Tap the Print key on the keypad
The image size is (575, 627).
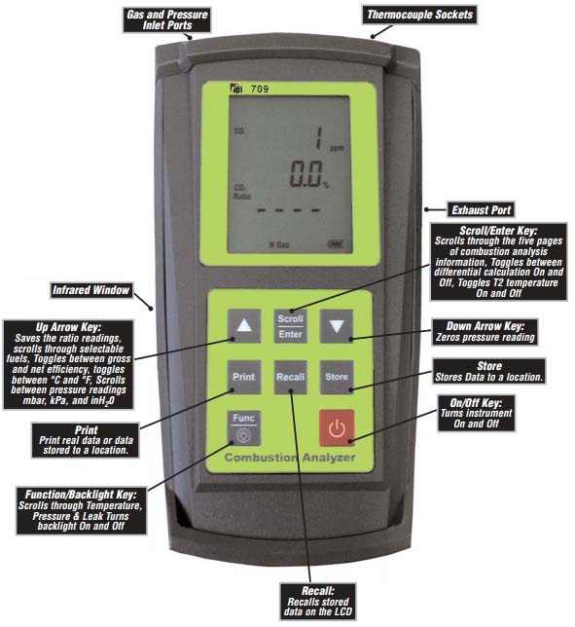[x=244, y=377]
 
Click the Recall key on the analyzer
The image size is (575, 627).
[x=291, y=377]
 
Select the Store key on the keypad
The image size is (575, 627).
[x=337, y=377]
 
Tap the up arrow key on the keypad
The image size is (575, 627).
[x=244, y=326]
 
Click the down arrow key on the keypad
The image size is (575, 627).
[x=337, y=326]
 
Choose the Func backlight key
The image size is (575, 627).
[x=244, y=428]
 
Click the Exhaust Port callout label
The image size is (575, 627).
[x=481, y=210]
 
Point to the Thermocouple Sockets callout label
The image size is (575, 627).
[x=419, y=15]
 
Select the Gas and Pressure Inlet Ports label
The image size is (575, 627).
[x=167, y=19]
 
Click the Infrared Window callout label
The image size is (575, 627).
[x=91, y=290]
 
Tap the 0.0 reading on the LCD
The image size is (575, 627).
[x=305, y=174]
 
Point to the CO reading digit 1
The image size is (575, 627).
[x=319, y=138]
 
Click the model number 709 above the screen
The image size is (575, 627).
[x=260, y=89]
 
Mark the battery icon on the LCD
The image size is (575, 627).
[x=336, y=243]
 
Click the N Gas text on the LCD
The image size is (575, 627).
[x=279, y=244]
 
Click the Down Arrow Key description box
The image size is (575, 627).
[x=485, y=332]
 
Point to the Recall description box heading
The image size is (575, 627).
[x=318, y=591]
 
